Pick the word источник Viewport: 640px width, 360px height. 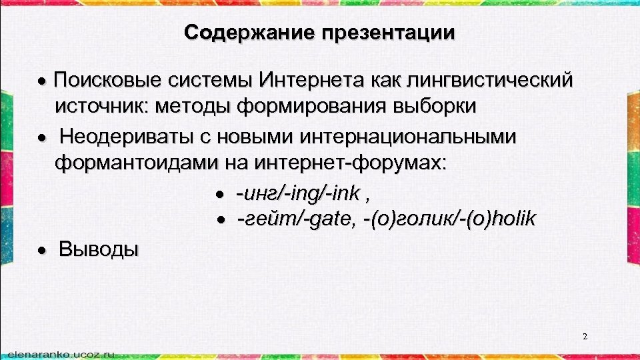pos(102,106)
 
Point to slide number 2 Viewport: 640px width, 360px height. pos(585,337)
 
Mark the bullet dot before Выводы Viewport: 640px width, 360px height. pos(41,251)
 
